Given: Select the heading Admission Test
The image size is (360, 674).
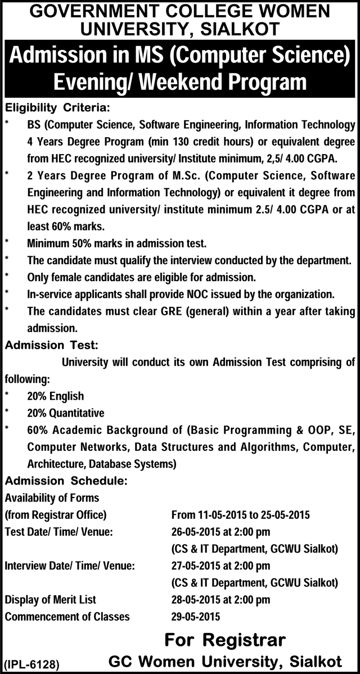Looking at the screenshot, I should [x=52, y=345].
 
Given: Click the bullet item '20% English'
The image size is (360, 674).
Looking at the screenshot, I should [x=55, y=396].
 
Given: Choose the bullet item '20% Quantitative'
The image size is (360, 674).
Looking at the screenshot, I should [x=65, y=413].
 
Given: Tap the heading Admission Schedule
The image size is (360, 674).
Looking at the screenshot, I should [x=66, y=481].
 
